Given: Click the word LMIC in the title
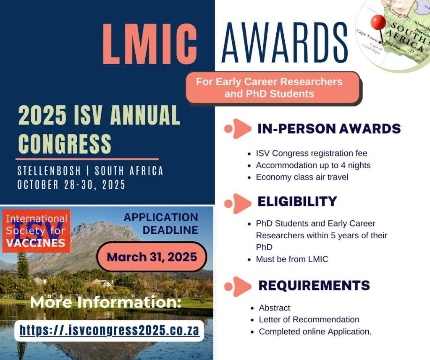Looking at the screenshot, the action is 150,44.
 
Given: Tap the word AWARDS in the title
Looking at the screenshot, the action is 285,42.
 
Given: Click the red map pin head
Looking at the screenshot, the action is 378,22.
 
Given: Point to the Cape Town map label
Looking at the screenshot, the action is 367,36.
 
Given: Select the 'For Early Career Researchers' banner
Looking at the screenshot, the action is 273,88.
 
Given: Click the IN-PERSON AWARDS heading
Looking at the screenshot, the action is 329,129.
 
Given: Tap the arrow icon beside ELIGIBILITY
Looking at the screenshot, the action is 238,203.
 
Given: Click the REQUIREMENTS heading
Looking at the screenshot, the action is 314,285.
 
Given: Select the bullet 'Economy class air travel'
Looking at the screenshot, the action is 302,177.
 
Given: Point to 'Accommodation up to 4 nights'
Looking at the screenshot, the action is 313,165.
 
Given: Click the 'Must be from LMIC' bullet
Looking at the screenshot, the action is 292,259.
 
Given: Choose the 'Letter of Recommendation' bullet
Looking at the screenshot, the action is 309,319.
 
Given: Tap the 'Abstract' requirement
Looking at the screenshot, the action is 275,308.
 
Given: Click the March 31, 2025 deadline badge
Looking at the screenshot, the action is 152,257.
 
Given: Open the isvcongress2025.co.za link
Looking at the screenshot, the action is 109,330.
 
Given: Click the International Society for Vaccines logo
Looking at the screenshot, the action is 37,231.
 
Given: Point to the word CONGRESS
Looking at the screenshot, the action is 65,143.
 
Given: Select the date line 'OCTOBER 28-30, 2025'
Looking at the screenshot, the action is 71,185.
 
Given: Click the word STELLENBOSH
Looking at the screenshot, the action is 49,171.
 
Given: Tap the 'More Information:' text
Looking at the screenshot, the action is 106,302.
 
